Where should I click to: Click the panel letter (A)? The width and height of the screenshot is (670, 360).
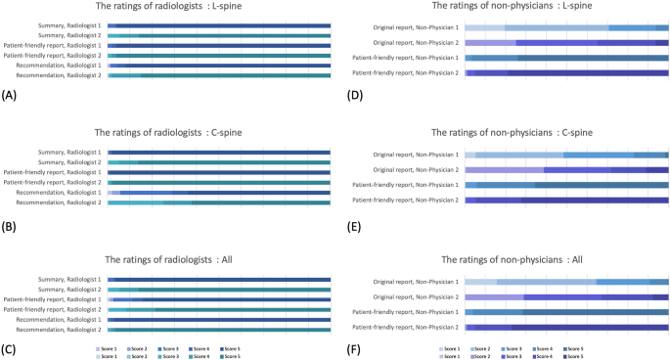10,96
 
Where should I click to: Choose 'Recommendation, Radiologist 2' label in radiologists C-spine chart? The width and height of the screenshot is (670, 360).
64,202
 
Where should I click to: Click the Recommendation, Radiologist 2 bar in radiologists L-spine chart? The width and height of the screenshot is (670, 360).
219,75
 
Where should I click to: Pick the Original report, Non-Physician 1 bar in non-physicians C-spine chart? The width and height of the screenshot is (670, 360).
566,155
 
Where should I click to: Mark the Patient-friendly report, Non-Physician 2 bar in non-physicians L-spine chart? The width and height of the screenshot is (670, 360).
566,73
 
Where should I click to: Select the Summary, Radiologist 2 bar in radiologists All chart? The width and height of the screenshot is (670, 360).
219,290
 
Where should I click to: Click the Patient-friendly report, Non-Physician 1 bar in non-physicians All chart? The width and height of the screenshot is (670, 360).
566,312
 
